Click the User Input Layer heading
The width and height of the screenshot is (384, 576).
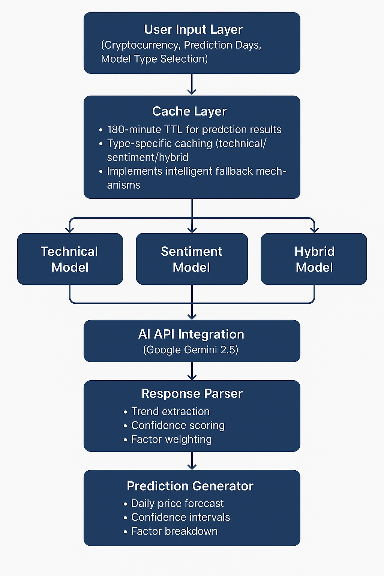193,30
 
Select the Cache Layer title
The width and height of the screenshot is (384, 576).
189,111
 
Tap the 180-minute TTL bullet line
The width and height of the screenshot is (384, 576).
194,130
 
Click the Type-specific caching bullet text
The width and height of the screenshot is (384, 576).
186,144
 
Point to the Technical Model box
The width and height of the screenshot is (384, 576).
70,259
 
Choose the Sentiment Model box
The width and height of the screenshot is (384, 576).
192,259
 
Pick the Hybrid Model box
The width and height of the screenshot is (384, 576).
314,259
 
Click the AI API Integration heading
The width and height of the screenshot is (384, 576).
191,334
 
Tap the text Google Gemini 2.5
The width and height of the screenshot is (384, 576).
191,350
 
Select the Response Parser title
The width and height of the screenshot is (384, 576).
192,394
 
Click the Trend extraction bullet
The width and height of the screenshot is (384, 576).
170,412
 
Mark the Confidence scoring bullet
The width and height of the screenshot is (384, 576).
178,426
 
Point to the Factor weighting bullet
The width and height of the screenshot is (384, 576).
171,439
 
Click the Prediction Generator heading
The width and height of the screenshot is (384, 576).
190,486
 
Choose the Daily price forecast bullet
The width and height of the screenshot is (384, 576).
177,504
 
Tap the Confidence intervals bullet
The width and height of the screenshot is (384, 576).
180,517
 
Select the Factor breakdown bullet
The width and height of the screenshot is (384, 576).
174,531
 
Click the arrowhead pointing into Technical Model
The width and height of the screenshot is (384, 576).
70,229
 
